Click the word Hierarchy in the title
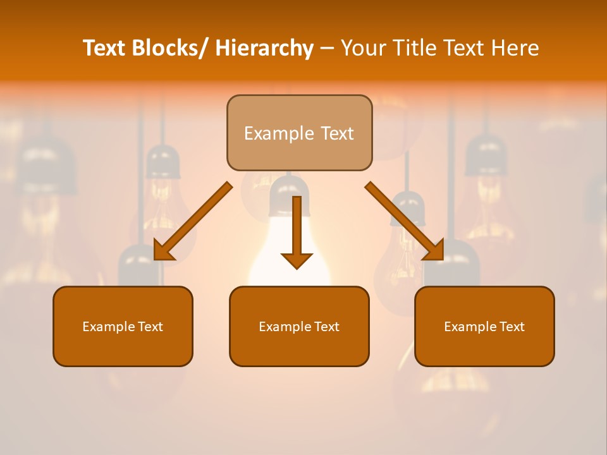(264, 48)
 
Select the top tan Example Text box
(299, 133)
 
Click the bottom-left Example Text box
(123, 326)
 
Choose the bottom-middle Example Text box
(299, 326)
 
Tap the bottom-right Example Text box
(484, 326)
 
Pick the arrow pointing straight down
(297, 231)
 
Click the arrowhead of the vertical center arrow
(297, 260)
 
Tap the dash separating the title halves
(327, 48)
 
